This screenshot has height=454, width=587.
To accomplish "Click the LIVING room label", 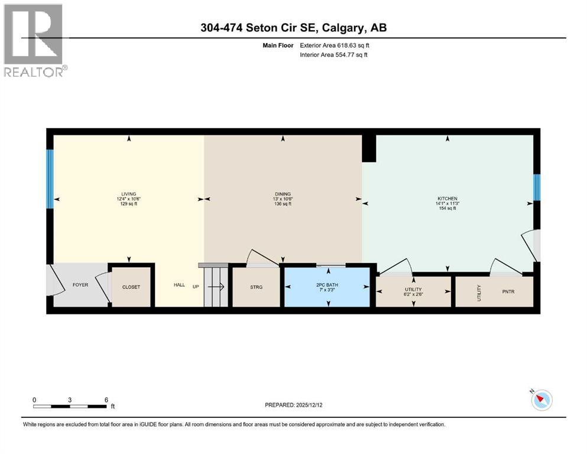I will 129,194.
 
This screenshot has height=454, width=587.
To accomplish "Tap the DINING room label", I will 283,194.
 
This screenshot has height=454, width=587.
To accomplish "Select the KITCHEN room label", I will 447,199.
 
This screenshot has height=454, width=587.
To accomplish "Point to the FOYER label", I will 80,285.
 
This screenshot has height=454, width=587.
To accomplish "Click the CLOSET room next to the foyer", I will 131,287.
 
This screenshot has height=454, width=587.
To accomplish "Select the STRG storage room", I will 256,287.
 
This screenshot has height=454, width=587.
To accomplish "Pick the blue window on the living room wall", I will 50,179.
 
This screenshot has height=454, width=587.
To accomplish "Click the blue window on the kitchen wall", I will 537,188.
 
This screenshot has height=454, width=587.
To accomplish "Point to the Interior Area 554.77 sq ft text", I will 335,55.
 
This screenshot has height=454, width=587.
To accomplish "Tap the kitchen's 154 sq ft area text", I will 447,209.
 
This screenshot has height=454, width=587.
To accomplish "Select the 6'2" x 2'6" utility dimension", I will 413,294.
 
